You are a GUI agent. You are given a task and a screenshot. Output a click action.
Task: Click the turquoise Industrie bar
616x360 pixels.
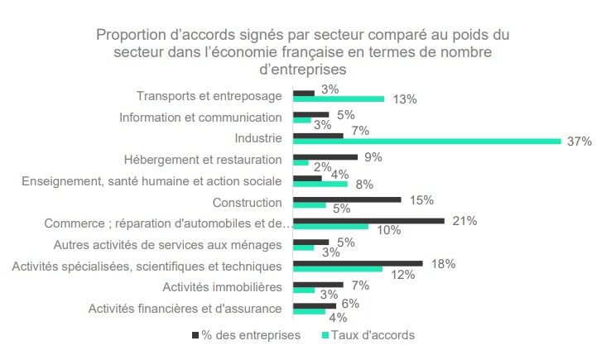click(427, 141)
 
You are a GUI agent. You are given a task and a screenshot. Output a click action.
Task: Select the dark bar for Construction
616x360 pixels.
click(348, 199)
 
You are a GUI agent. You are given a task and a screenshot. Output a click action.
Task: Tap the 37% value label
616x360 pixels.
click(580, 142)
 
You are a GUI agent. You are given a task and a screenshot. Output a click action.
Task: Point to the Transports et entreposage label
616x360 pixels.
click(209, 95)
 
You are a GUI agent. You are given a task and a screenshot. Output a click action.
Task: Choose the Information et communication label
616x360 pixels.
click(200, 117)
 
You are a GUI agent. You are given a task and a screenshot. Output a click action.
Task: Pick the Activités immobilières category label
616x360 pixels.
click(222, 287)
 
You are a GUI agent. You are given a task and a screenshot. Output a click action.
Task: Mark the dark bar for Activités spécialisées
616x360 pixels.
click(359, 264)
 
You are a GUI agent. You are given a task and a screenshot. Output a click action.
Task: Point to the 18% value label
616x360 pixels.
click(444, 263)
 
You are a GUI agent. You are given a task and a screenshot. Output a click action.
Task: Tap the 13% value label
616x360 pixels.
click(405, 99)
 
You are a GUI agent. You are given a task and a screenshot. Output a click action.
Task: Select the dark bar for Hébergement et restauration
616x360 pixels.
click(325, 156)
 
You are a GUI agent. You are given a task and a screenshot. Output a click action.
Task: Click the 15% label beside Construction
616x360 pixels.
click(422, 199)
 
